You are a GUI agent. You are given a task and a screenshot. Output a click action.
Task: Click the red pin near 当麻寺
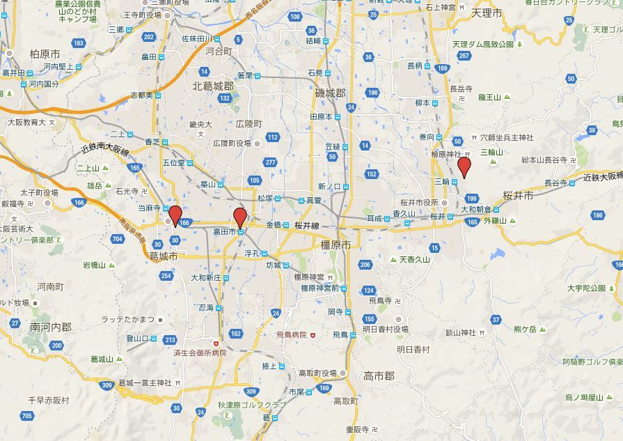tap(175, 216)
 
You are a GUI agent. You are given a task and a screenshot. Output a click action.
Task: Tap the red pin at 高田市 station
tap(240, 217)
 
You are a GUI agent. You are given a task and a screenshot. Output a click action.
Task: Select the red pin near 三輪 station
tap(464, 167)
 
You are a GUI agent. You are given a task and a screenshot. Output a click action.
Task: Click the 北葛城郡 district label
tap(213, 85)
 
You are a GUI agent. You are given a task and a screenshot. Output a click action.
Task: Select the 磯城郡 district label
tap(330, 93)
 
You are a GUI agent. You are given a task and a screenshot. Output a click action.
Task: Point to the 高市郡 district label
tap(379, 376)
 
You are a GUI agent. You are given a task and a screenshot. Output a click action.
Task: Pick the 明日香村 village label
tap(413, 349)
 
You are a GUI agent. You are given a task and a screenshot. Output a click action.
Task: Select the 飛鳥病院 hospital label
tap(291, 335)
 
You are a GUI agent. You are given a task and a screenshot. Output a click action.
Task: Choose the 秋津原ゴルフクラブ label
tap(252, 405)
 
